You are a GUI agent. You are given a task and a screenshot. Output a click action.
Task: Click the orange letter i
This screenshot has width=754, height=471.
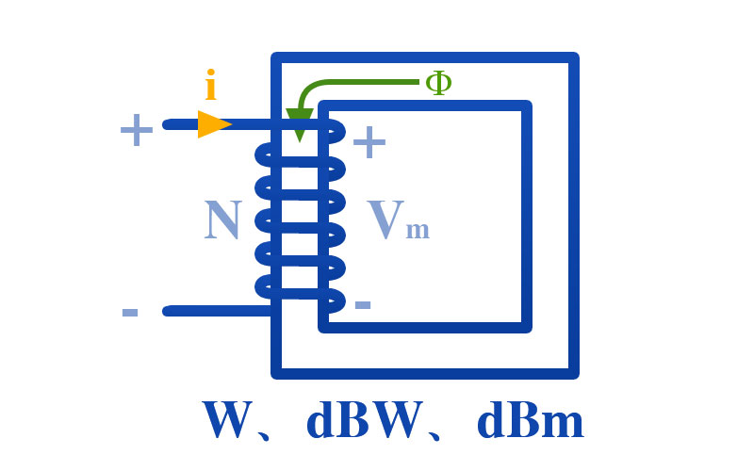pyautogui.click(x=210, y=85)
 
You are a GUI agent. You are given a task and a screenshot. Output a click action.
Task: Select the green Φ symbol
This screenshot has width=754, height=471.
pyautogui.click(x=438, y=83)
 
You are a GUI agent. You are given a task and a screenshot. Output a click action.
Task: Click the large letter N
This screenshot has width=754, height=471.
pyautogui.click(x=222, y=219)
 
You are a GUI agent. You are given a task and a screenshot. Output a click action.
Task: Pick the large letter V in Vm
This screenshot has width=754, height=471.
pyautogui.click(x=385, y=219)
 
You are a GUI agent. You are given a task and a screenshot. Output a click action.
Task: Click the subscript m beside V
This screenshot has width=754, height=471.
pyautogui.click(x=418, y=229)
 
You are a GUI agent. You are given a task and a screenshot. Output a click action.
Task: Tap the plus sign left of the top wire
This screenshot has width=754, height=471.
pyautogui.click(x=137, y=130)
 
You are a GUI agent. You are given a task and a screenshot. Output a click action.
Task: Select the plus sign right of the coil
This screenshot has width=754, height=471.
pyautogui.click(x=369, y=142)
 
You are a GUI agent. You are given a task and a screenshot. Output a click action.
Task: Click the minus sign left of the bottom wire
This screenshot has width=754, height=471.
pyautogui.click(x=130, y=313)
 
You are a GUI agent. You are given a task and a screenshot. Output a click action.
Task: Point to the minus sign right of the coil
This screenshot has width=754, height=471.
pyautogui.click(x=363, y=304)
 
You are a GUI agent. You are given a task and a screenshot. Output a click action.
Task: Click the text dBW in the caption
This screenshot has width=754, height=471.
pyautogui.click(x=366, y=419)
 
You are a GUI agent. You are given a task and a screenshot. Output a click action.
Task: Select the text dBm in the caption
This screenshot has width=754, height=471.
pyautogui.click(x=531, y=419)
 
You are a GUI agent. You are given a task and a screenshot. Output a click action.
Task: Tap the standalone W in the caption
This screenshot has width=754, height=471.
pyautogui.click(x=228, y=419)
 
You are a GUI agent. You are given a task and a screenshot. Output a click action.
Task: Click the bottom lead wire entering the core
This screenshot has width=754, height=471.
pyautogui.click(x=219, y=311)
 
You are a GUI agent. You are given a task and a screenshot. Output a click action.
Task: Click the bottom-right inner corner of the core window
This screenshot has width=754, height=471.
pyautogui.click(x=522, y=322)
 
